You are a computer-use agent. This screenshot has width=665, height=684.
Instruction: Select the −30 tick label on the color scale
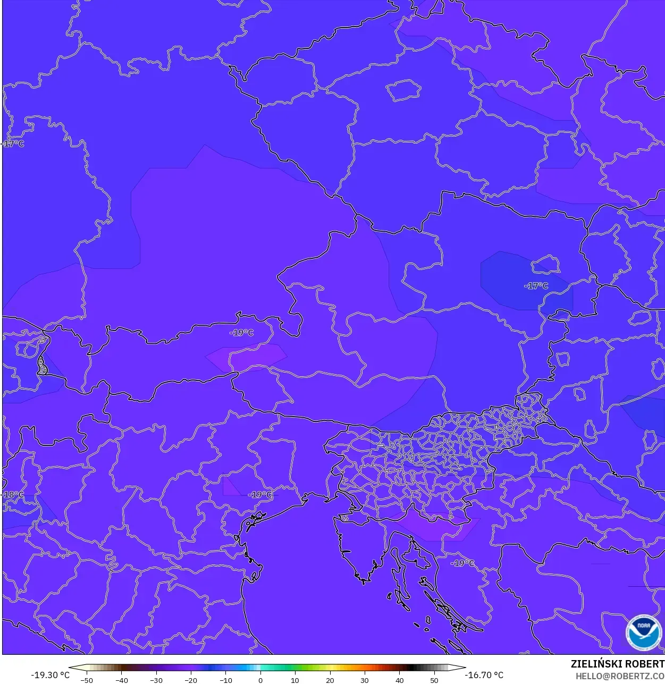pyautogui.click(x=156, y=680)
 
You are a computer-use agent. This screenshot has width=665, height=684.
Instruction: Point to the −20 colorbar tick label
pyautogui.click(x=191, y=680)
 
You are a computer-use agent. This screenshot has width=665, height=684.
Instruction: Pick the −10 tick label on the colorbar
pyautogui.click(x=225, y=680)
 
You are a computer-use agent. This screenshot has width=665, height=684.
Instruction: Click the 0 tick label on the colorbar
pyautogui.click(x=260, y=680)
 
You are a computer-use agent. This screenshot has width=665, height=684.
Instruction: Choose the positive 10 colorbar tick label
pyautogui.click(x=295, y=680)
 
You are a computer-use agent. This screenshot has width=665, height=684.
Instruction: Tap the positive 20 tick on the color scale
pyautogui.click(x=330, y=680)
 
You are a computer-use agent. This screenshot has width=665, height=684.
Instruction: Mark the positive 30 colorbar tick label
pyautogui.click(x=365, y=680)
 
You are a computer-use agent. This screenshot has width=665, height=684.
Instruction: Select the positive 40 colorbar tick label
pyautogui.click(x=400, y=680)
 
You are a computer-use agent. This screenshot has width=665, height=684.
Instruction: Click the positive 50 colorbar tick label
pyautogui.click(x=434, y=680)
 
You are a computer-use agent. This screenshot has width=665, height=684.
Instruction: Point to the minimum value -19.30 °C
pyautogui.click(x=50, y=675)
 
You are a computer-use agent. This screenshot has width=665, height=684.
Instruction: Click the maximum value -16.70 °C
pyautogui.click(x=484, y=675)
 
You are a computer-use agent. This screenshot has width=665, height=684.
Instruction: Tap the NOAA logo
pyautogui.click(x=644, y=632)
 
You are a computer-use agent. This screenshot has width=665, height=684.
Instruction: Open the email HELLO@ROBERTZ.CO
pyautogui.click(x=620, y=676)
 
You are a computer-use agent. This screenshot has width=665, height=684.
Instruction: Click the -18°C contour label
pyautogui.click(x=13, y=494)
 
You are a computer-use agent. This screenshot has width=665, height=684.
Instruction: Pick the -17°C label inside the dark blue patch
pyautogui.click(x=536, y=285)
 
